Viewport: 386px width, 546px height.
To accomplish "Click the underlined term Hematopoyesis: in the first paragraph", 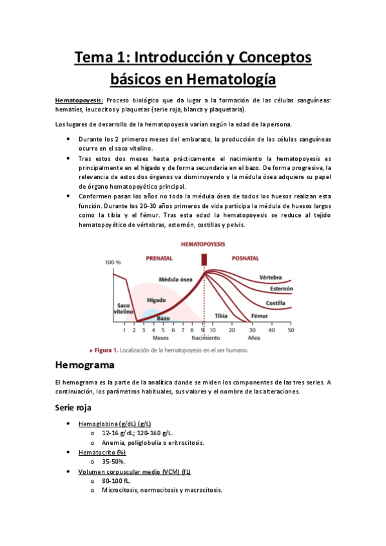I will point(79,100).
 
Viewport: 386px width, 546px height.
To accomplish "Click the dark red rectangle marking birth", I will point(204,258).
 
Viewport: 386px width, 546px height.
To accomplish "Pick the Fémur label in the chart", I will point(258,316).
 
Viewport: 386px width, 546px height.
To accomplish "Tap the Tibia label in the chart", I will point(222,316).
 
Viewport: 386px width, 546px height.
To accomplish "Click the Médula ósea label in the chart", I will point(176,279).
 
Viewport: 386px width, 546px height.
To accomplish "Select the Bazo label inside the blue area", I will point(163,318).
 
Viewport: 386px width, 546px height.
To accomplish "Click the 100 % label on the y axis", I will point(113,262).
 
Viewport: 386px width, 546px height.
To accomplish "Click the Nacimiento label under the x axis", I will point(205,337).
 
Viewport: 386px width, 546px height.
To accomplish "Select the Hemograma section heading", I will point(84,366).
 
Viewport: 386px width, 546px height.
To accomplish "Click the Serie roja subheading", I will point(73,408).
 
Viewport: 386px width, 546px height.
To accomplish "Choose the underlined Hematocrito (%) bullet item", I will point(102,452).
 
